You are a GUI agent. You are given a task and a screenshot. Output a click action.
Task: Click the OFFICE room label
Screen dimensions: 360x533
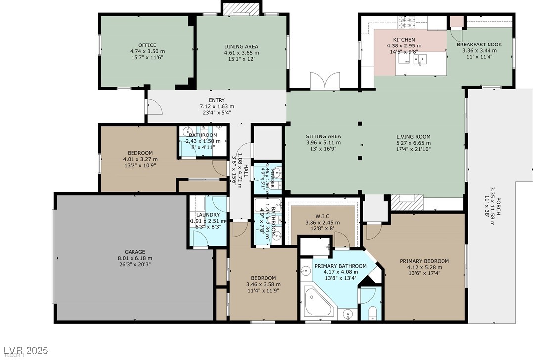pyautogui.click(x=147, y=45)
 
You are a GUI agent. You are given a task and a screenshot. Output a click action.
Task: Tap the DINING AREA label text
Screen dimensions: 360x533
pyautogui.click(x=242, y=47)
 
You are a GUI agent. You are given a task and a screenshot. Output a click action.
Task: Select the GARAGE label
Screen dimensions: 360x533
pyautogui.click(x=135, y=252)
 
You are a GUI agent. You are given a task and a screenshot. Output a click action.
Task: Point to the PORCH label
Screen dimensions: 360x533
pyautogui.click(x=498, y=206)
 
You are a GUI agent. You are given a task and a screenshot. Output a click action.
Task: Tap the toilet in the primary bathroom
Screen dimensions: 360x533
pyautogui.click(x=373, y=313)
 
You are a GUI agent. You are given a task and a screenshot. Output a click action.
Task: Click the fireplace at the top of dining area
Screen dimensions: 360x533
pyautogui.click(x=240, y=9)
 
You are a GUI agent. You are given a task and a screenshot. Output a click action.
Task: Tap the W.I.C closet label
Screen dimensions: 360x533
pyautogui.click(x=322, y=216)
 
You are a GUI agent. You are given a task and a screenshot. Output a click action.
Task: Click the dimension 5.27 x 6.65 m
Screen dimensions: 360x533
pyautogui.click(x=413, y=143)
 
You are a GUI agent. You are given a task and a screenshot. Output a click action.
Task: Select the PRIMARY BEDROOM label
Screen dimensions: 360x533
pyautogui.click(x=424, y=261)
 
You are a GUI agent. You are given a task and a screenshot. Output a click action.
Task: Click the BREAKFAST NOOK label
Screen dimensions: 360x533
pyautogui.click(x=479, y=45)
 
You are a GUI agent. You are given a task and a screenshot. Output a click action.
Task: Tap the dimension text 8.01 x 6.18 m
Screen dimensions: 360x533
pyautogui.click(x=135, y=258)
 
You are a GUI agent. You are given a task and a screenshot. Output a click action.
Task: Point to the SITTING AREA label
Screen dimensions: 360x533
pyautogui.click(x=323, y=137)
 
